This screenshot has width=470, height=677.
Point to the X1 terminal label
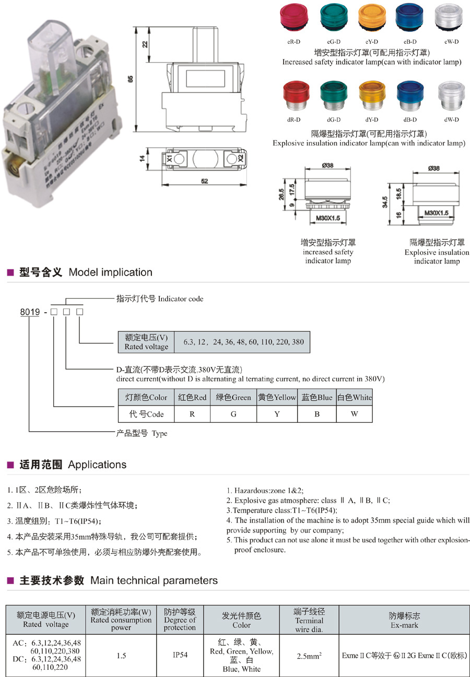coord(169,158)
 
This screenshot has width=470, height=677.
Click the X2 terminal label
coord(241,158)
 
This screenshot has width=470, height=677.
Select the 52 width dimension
coord(204,181)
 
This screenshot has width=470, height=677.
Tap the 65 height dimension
coord(131,78)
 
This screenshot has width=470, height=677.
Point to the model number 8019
coord(30,312)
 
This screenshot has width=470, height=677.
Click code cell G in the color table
coord(233,414)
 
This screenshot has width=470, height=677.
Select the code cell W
coord(354,414)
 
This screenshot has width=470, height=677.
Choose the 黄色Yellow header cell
coord(277,397)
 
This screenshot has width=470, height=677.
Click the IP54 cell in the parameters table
coord(180,655)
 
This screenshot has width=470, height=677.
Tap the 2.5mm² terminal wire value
coord(309,655)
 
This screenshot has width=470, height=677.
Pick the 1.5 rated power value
coord(121,655)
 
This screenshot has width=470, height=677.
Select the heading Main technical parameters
coord(154,580)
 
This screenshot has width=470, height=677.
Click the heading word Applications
coord(97,465)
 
